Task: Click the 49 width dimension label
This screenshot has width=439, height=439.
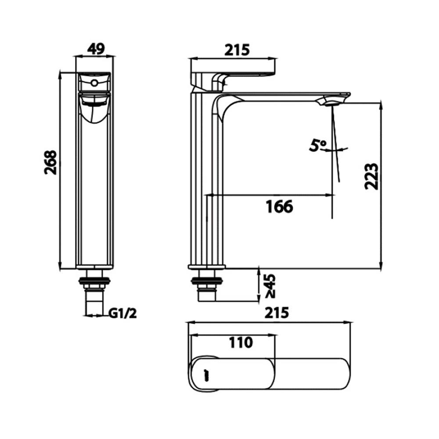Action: (95, 49)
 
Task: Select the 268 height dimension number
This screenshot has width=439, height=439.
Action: (51, 162)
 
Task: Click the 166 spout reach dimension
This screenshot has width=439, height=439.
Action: (279, 206)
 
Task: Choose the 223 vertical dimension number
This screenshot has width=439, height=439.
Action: (371, 176)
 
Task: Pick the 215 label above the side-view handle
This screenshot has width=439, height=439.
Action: (237, 50)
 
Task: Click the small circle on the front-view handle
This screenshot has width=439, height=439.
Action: (94, 83)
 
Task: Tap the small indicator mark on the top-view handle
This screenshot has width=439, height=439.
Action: (205, 374)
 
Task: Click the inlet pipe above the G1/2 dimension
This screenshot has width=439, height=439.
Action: (95, 302)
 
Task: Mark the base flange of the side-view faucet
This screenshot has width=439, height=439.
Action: (207, 266)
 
